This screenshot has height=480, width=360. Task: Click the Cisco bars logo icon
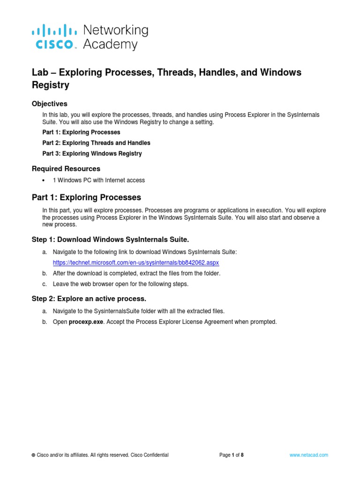(x=54, y=31)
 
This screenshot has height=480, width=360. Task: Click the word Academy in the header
(x=110, y=45)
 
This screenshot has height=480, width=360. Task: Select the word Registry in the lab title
(x=50, y=85)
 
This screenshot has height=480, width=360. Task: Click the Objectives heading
(x=49, y=104)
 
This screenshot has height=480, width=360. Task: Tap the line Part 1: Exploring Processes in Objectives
(x=81, y=132)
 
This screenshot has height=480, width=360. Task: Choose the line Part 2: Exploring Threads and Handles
(x=96, y=143)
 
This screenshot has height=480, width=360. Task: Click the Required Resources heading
(x=66, y=169)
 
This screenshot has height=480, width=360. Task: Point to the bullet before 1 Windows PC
(x=44, y=180)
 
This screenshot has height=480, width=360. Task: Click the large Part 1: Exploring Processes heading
(x=86, y=197)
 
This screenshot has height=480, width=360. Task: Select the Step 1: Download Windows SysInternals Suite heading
(x=110, y=240)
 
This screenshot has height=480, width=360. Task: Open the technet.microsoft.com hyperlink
(x=135, y=262)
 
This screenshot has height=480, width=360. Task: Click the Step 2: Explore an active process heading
(x=89, y=299)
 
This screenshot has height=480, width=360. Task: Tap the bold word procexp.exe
(x=86, y=322)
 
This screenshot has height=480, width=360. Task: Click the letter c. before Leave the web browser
(x=44, y=284)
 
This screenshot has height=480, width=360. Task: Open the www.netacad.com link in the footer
(x=309, y=455)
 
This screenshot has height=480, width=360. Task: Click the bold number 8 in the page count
(x=242, y=455)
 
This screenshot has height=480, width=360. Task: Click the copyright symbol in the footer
(x=33, y=455)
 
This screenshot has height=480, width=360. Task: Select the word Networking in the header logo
(x=115, y=30)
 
